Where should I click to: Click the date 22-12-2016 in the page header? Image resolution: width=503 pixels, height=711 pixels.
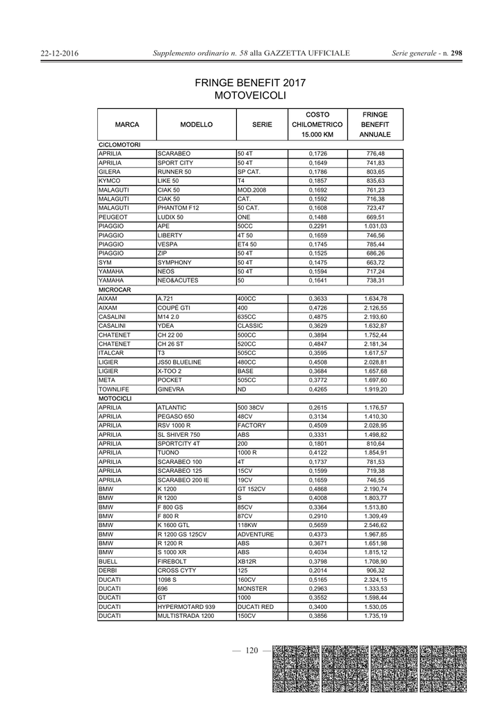(x=60, y=53)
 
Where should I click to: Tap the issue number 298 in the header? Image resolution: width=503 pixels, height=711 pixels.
(x=456, y=53)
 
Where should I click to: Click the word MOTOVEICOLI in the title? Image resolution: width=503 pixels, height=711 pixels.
(x=250, y=94)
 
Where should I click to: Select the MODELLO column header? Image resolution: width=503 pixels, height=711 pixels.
(x=196, y=125)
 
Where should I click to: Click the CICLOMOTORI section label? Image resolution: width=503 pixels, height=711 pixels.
(x=120, y=144)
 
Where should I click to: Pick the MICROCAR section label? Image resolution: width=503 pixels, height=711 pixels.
(x=115, y=289)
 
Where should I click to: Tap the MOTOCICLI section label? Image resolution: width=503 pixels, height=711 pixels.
(x=115, y=399)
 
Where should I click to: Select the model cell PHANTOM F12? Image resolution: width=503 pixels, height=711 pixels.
(x=178, y=208)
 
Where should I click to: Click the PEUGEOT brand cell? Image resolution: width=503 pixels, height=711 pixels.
(x=111, y=217)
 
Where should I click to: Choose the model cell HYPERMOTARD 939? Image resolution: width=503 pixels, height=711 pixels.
(x=186, y=606)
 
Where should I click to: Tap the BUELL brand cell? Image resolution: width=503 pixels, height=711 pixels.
(x=108, y=561)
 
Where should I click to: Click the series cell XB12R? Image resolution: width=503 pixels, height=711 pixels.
(x=248, y=561)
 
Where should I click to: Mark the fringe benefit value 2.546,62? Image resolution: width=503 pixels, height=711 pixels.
(x=375, y=525)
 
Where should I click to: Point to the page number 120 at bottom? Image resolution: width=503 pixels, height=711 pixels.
(x=251, y=651)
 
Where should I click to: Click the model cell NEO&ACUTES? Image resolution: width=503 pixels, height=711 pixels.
(x=178, y=280)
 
